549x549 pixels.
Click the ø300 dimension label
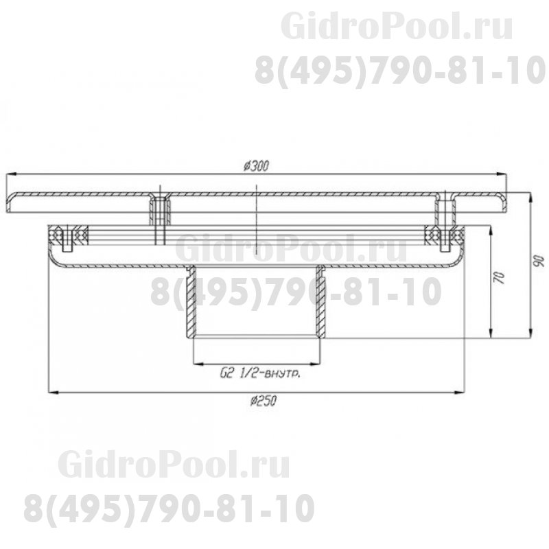(256, 165)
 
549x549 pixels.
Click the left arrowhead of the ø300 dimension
(10, 174)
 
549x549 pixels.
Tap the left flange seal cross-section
(69, 235)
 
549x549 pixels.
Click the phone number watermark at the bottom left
(169, 509)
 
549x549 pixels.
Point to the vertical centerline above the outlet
(255, 220)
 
